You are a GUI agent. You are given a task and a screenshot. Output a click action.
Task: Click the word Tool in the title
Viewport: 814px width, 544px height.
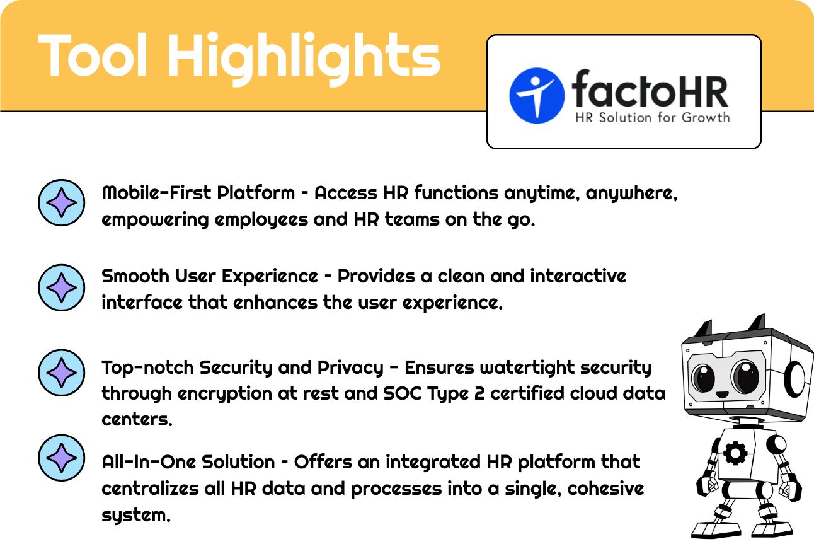click(x=93, y=55)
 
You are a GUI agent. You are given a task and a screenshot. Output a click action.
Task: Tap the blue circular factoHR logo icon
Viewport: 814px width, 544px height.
click(x=537, y=96)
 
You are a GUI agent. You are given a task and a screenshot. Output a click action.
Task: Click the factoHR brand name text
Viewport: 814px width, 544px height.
click(x=650, y=89)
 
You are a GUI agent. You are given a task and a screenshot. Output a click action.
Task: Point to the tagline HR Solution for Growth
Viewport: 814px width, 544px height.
click(x=652, y=117)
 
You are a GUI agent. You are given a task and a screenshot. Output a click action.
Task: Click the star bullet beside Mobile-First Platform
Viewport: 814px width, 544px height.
click(x=61, y=202)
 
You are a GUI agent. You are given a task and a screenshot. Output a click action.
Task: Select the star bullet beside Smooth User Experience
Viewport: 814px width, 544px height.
click(x=61, y=287)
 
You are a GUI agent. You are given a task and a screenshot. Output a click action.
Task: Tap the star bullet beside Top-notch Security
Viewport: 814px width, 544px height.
click(x=61, y=373)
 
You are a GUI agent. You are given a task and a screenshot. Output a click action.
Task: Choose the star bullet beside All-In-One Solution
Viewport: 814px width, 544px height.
click(x=61, y=458)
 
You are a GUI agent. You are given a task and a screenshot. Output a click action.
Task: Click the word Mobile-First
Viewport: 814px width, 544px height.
click(x=156, y=192)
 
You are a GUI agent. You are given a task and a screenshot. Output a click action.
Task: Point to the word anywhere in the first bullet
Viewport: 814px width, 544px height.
click(x=631, y=194)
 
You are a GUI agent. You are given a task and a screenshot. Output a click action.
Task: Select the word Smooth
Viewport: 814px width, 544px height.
click(x=135, y=276)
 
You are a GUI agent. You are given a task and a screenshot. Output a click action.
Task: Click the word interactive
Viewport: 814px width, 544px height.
click(x=578, y=276)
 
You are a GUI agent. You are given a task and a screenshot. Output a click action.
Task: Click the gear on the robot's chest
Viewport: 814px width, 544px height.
click(x=735, y=453)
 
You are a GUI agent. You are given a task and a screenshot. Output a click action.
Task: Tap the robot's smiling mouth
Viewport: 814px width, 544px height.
click(x=721, y=395)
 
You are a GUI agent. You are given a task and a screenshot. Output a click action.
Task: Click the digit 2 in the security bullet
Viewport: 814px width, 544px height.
click(x=479, y=393)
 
